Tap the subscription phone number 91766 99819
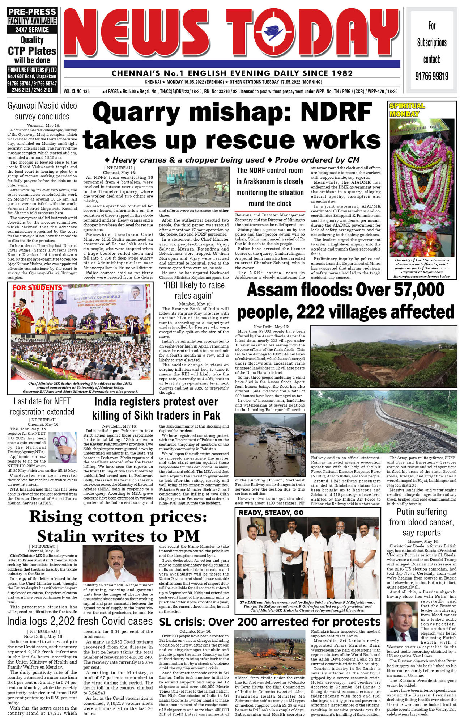tap(431, 76)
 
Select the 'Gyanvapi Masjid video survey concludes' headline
tap(42, 111)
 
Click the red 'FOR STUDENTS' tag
tap(37, 288)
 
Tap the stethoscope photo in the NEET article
tap(62, 447)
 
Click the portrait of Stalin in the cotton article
tap(118, 564)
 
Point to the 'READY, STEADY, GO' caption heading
tap(271, 513)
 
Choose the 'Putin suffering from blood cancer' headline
tap(421, 522)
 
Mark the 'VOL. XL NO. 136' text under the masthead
tap(76, 92)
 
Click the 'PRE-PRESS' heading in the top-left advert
tap(32, 12)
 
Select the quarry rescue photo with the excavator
tap(194, 187)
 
